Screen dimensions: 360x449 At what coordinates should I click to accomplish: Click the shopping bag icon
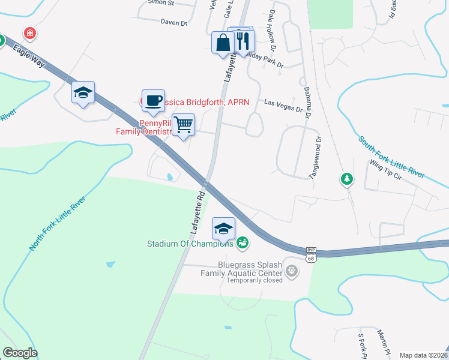223,43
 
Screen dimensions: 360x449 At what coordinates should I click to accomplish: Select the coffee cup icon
153,100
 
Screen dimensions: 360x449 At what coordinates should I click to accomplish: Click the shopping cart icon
184,124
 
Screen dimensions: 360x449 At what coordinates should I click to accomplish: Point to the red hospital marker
29,32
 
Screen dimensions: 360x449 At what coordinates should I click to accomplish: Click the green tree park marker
346,179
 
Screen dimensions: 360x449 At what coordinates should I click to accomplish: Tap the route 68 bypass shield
310,254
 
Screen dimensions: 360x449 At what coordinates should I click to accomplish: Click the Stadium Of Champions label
190,244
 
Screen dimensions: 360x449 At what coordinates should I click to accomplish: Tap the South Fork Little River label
391,157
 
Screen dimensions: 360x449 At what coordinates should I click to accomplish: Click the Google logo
20,353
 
